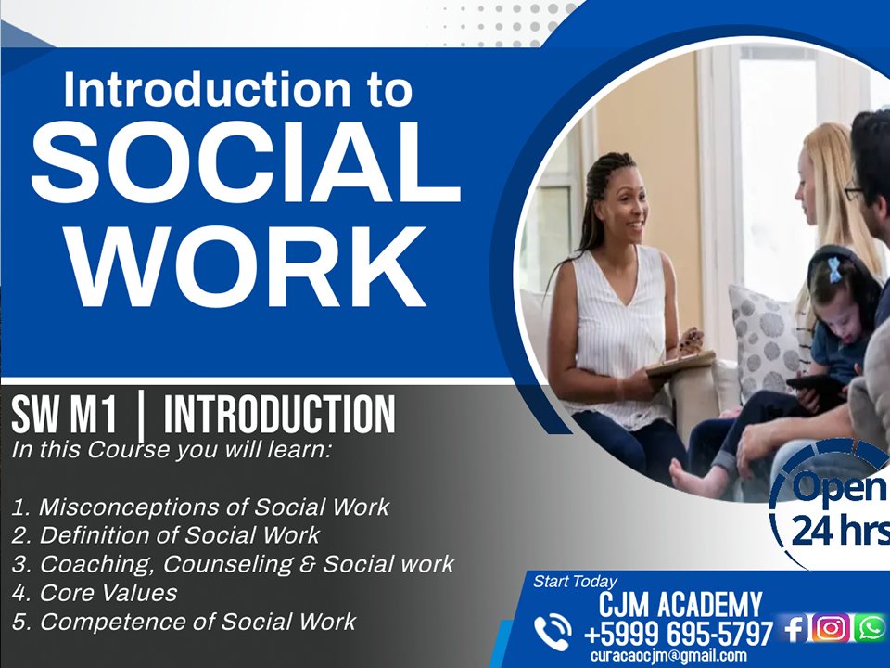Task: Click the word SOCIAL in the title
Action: click(245, 161)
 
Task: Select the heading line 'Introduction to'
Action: click(238, 89)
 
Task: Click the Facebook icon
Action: click(794, 629)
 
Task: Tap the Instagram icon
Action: click(831, 628)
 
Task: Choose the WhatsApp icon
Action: click(871, 628)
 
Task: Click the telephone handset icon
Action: click(553, 632)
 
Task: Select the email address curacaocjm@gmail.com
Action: click(668, 656)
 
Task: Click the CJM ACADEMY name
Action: click(680, 604)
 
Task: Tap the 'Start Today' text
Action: click(575, 582)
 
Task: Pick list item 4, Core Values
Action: click(95, 593)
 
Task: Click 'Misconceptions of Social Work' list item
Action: click(200, 507)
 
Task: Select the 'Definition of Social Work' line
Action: click(166, 535)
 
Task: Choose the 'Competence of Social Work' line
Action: click(184, 622)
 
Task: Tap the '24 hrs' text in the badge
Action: click(840, 531)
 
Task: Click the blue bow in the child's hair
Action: click(833, 269)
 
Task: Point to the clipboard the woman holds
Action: click(680, 363)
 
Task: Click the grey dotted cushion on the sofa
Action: click(763, 340)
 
